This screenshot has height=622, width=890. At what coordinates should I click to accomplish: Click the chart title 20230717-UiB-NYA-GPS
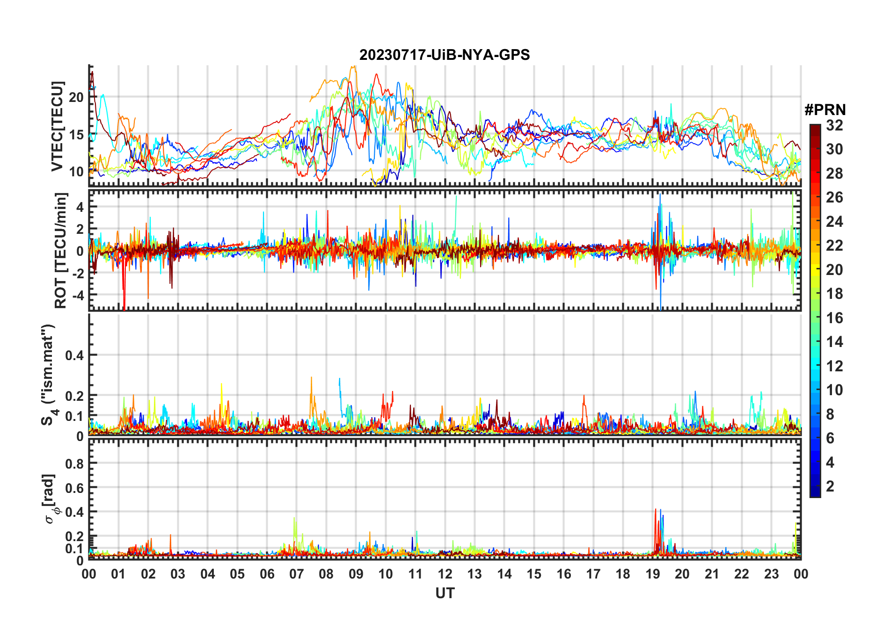click(445, 55)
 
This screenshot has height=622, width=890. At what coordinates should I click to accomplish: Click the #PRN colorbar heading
click(825, 110)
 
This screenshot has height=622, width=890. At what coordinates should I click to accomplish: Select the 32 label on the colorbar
click(834, 125)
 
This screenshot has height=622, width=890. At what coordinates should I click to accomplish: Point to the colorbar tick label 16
click(834, 318)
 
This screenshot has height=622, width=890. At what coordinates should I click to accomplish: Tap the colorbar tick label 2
click(830, 486)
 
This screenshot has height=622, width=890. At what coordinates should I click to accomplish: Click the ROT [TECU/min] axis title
click(61, 250)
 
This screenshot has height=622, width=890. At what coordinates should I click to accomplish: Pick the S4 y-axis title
click(48, 374)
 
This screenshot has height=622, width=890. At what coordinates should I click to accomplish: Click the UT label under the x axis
click(445, 593)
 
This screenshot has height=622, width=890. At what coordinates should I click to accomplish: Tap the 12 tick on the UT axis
click(445, 574)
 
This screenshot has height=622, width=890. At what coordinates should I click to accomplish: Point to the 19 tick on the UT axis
click(653, 574)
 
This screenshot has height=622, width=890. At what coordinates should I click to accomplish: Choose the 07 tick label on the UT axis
click(297, 574)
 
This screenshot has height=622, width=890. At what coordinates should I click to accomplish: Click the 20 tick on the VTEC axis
click(76, 97)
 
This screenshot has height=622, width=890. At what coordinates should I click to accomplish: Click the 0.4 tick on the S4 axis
click(74, 355)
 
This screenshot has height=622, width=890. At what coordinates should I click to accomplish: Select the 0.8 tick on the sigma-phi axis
click(74, 463)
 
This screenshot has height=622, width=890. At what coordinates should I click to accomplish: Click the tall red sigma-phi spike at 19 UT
click(656, 511)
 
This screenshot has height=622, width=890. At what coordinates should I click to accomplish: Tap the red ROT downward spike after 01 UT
click(124, 304)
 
